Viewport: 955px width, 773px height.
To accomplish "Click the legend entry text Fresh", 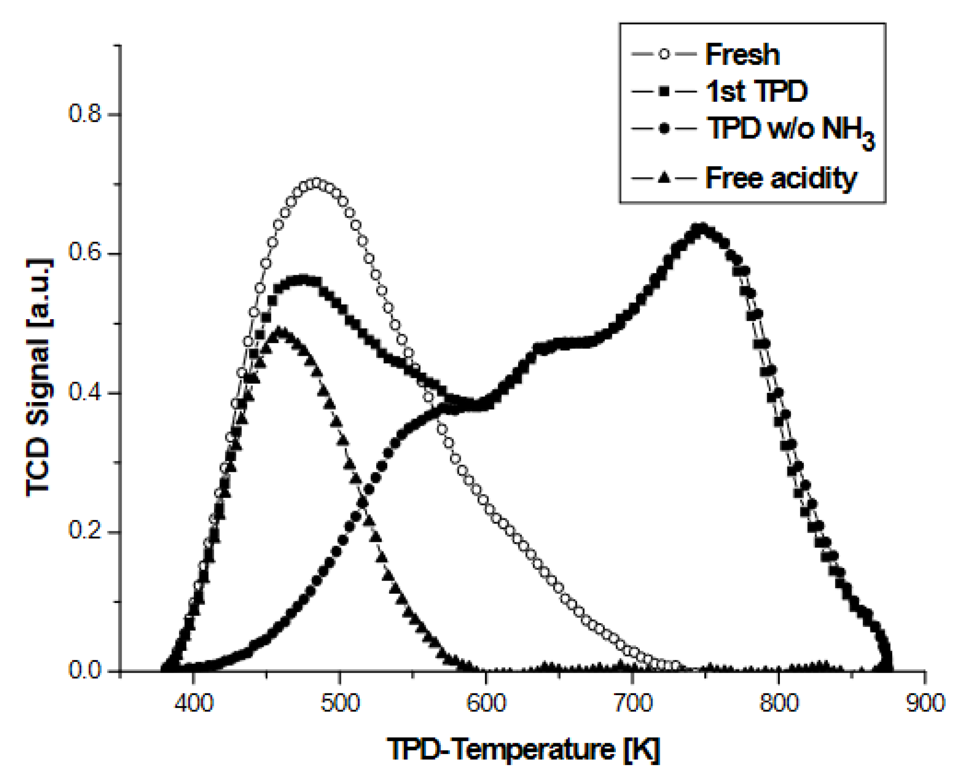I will tap(742, 55).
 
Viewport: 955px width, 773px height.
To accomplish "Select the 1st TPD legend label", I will tap(756, 92).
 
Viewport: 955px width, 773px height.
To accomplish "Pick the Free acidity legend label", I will tap(781, 178).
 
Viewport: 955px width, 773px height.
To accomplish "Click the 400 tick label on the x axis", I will tap(193, 703).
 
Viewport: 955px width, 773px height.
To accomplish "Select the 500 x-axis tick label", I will tap(340, 703).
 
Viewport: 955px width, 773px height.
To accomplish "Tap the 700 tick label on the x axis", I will tap(632, 703).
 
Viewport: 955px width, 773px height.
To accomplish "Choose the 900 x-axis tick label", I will tap(925, 703).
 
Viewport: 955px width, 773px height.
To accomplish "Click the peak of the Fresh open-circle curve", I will tap(316, 183).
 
